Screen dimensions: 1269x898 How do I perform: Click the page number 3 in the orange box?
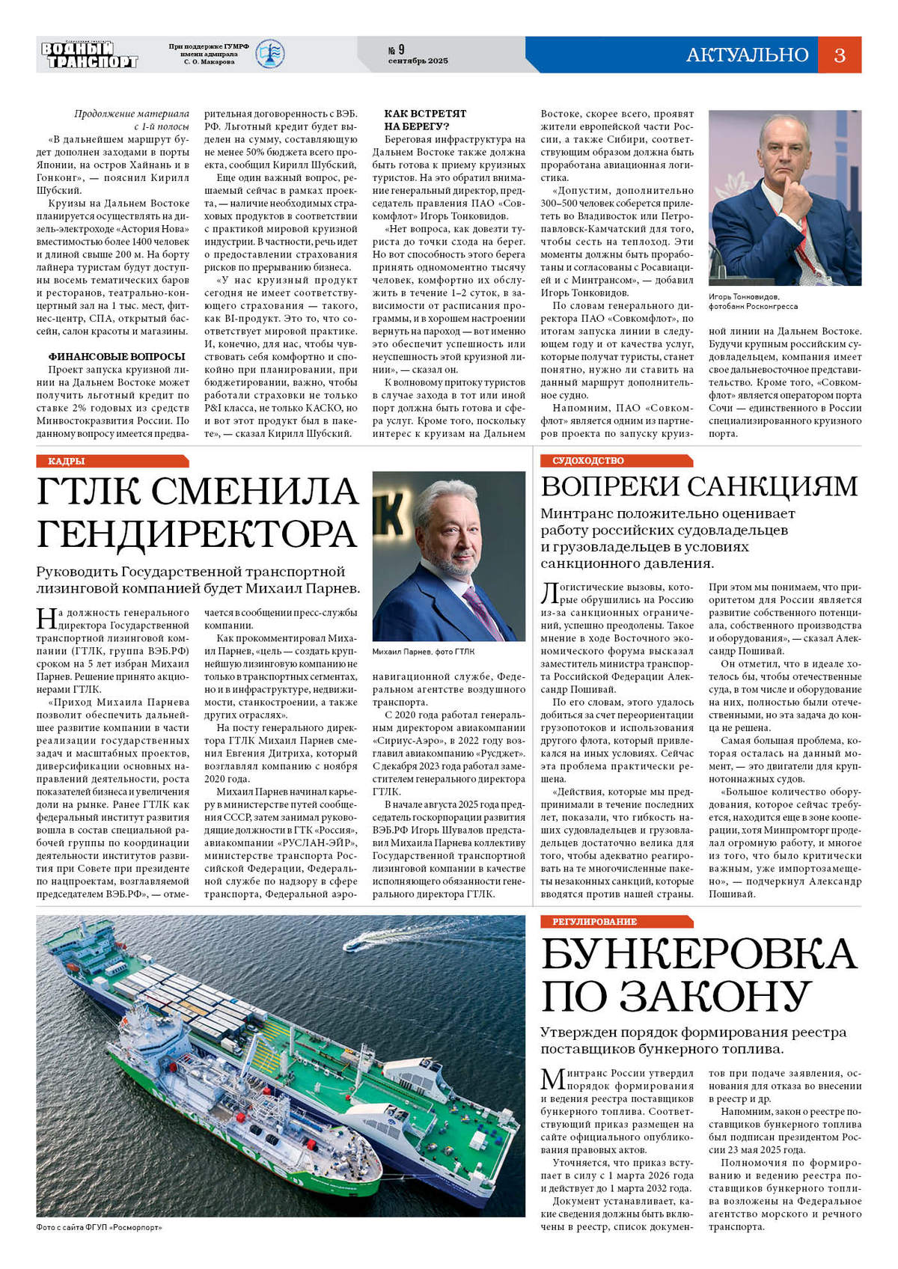pos(839,55)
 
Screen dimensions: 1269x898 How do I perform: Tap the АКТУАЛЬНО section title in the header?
pos(747,55)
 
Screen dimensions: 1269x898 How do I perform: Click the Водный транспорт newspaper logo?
pos(89,55)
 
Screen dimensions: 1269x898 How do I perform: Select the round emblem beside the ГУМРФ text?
pos(269,54)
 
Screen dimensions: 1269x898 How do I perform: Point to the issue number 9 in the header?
pos(401,49)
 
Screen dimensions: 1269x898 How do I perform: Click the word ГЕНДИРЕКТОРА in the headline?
pos(197,533)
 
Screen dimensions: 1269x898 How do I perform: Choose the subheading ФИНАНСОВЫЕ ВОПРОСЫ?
pos(117,357)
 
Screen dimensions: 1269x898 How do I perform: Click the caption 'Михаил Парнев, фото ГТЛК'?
pos(423,652)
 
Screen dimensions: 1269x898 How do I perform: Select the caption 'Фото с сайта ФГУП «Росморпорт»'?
pos(99,1228)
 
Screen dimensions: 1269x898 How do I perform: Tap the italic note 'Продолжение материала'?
pos(132,114)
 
